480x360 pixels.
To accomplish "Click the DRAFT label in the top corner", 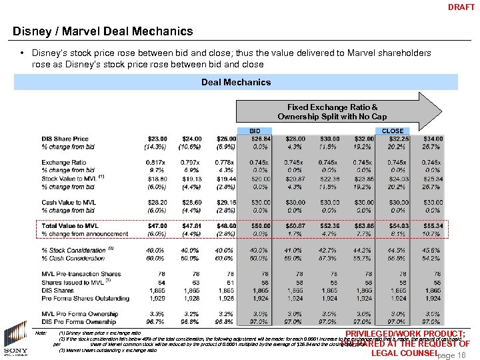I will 461,7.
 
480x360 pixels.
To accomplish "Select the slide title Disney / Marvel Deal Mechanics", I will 103,31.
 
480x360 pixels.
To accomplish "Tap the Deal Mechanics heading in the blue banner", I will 236,82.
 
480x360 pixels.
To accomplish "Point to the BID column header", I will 255,131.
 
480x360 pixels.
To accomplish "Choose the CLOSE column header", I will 393,131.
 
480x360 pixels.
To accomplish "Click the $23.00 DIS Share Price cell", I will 157,139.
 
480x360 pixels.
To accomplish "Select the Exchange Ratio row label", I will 63,163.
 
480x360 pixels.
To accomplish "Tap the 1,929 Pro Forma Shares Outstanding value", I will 157,297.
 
